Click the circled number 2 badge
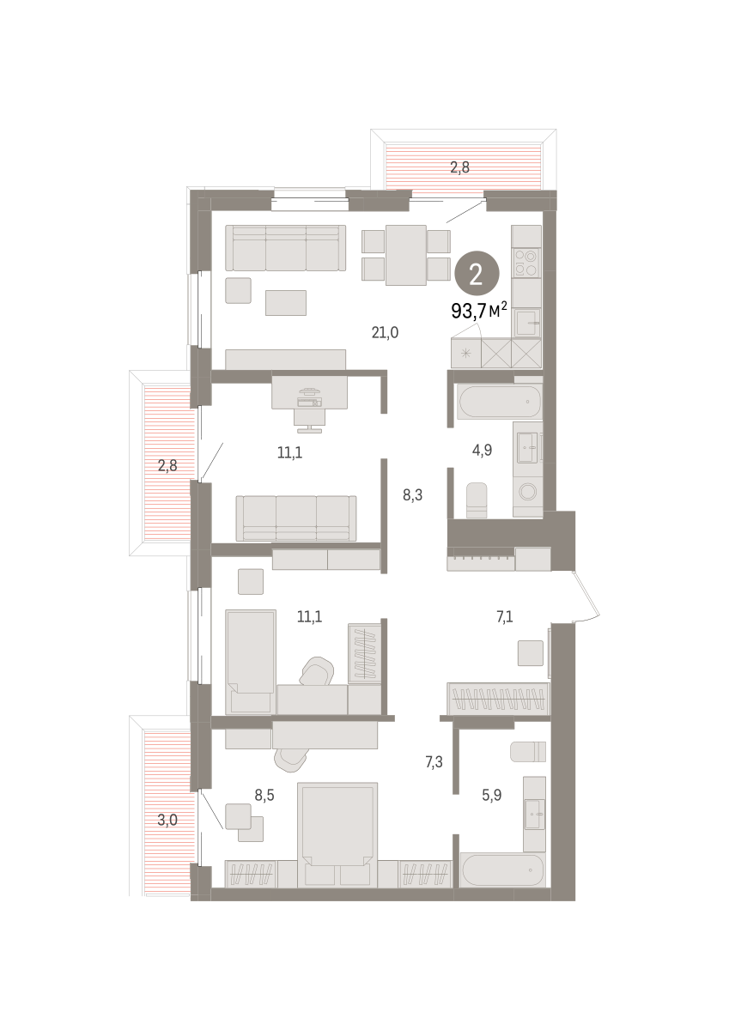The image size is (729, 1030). [477, 275]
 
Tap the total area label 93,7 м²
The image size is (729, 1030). [479, 312]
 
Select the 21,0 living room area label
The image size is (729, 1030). [385, 332]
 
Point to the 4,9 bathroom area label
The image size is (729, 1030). [482, 450]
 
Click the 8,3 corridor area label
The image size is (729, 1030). [412, 495]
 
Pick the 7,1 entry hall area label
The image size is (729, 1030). [505, 616]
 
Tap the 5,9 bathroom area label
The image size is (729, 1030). [491, 795]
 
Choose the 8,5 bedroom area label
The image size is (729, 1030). [264, 795]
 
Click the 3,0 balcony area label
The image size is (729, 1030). [167, 820]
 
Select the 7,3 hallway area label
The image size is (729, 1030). [434, 762]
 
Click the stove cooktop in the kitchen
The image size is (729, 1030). [526, 263]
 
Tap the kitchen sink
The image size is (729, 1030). [527, 324]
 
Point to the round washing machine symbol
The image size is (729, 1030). [527, 492]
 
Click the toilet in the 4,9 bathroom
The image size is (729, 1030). [477, 500]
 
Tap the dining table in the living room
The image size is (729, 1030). [405, 255]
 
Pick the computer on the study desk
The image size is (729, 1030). [309, 398]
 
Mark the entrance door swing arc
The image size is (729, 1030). [589, 597]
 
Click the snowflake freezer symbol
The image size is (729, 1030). [466, 353]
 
